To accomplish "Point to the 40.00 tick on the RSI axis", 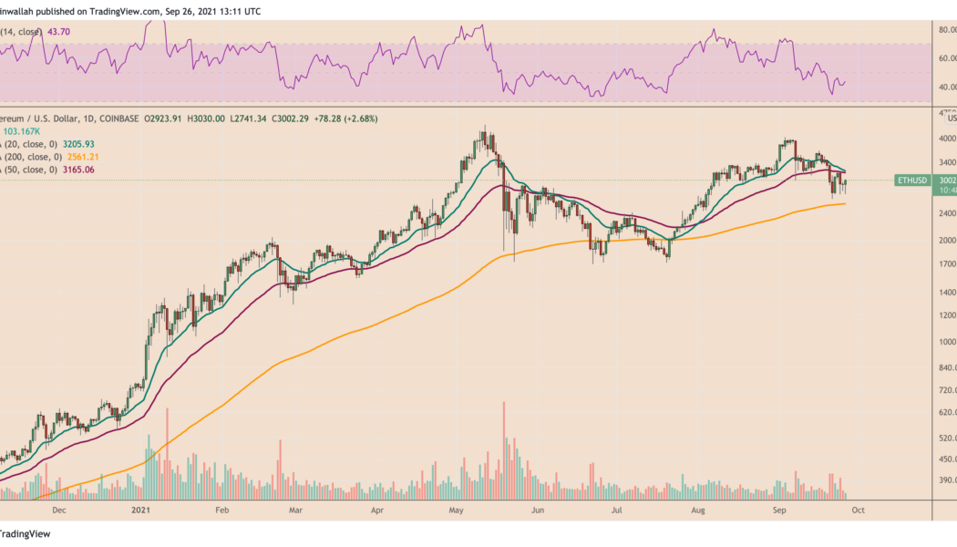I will [947, 87].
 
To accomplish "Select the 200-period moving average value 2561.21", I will [79, 157].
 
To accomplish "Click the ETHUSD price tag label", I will [912, 181].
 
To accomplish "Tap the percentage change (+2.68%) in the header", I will [352, 119].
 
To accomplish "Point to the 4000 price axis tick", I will [949, 139].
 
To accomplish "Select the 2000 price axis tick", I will [949, 241].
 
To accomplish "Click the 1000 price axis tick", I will [949, 342].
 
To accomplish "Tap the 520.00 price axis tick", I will [947, 438].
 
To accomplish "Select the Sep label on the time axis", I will [779, 512].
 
